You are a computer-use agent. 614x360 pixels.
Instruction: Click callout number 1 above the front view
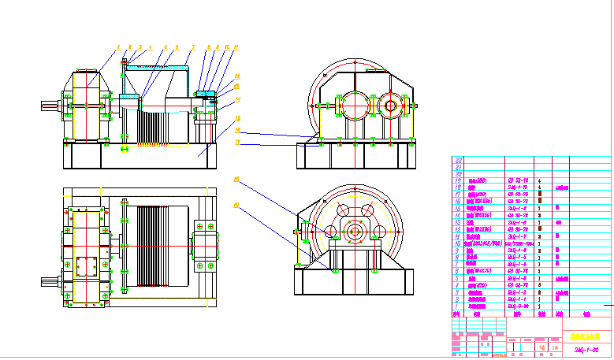pos(118,47)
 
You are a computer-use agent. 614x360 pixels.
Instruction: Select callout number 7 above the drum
pos(192,47)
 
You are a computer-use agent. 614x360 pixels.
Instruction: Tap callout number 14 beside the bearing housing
pos(237,100)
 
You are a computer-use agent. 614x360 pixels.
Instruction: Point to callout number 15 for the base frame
pos(237,118)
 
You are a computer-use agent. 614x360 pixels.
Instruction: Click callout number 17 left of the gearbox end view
pos(236,143)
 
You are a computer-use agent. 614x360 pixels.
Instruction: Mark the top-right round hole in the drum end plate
pos(367,213)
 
